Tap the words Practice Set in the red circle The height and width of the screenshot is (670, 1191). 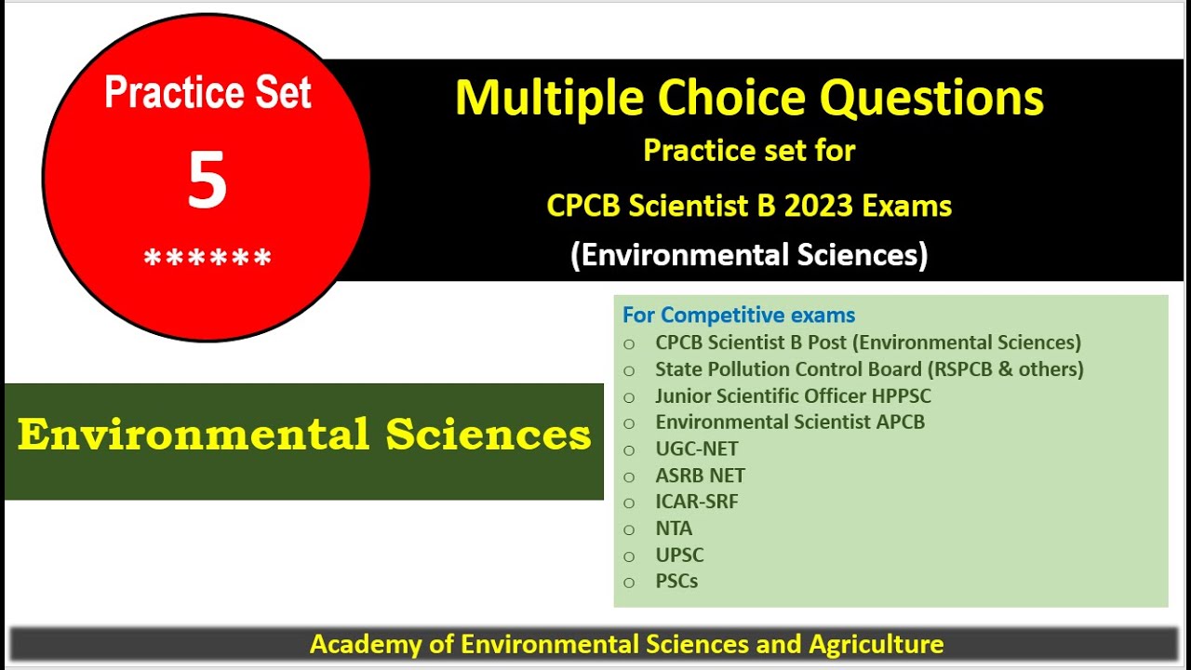207,93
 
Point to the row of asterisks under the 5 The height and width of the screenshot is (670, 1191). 207,259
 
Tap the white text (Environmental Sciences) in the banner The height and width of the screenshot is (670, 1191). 749,254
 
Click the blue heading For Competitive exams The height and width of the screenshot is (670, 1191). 739,315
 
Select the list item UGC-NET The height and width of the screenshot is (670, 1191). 697,449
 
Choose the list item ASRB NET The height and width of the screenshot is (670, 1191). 700,476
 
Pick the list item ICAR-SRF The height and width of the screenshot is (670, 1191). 697,502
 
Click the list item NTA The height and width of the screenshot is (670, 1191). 674,529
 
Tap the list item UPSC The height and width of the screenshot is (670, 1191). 679,555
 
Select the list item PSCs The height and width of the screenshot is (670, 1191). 676,582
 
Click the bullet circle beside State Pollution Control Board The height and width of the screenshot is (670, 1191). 630,370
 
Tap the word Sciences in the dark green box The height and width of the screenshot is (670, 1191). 488,435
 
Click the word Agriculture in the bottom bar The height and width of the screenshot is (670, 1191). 876,644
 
